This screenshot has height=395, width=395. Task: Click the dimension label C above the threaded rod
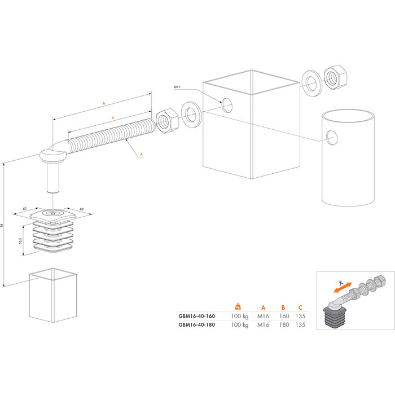(113, 117)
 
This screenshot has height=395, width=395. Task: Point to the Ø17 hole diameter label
(177, 86)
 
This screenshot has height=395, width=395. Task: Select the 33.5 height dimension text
(20, 240)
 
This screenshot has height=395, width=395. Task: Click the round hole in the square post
(227, 105)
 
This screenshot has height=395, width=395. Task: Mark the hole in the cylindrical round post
(332, 137)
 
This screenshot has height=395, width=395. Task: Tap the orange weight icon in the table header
(238, 306)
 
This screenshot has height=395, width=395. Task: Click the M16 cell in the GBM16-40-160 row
(262, 317)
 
